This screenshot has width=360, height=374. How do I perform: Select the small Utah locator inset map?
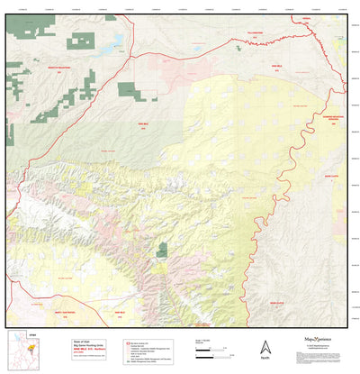[21, 352]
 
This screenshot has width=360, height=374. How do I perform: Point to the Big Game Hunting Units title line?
[64, 337]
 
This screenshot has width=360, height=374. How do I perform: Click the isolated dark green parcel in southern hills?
[162, 250]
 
